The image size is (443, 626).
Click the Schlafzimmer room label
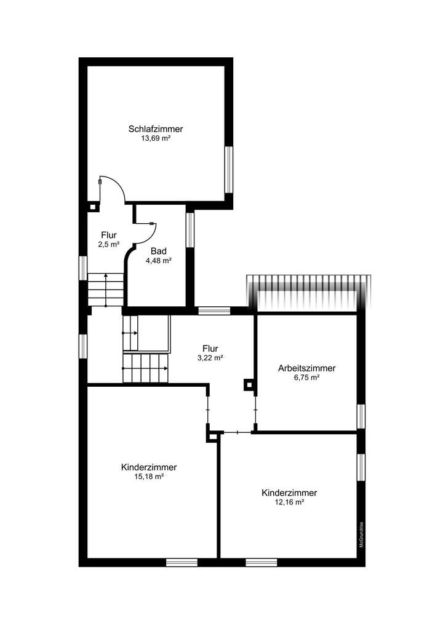(156, 129)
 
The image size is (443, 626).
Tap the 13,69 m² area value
(156, 139)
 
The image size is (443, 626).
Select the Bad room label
(158, 251)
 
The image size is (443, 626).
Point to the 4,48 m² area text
(158, 261)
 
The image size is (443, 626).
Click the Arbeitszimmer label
(306, 368)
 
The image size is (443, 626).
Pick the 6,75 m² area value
(306, 378)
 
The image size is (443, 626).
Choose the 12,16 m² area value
(289, 502)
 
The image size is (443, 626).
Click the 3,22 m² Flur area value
(210, 357)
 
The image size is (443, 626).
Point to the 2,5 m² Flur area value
(109, 245)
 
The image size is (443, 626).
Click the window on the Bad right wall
(190, 229)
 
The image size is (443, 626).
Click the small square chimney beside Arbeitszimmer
(249, 384)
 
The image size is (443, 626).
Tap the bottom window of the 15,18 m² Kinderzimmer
(182, 562)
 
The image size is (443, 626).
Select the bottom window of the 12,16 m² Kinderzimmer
(261, 562)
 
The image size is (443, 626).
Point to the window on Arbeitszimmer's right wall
(361, 416)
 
